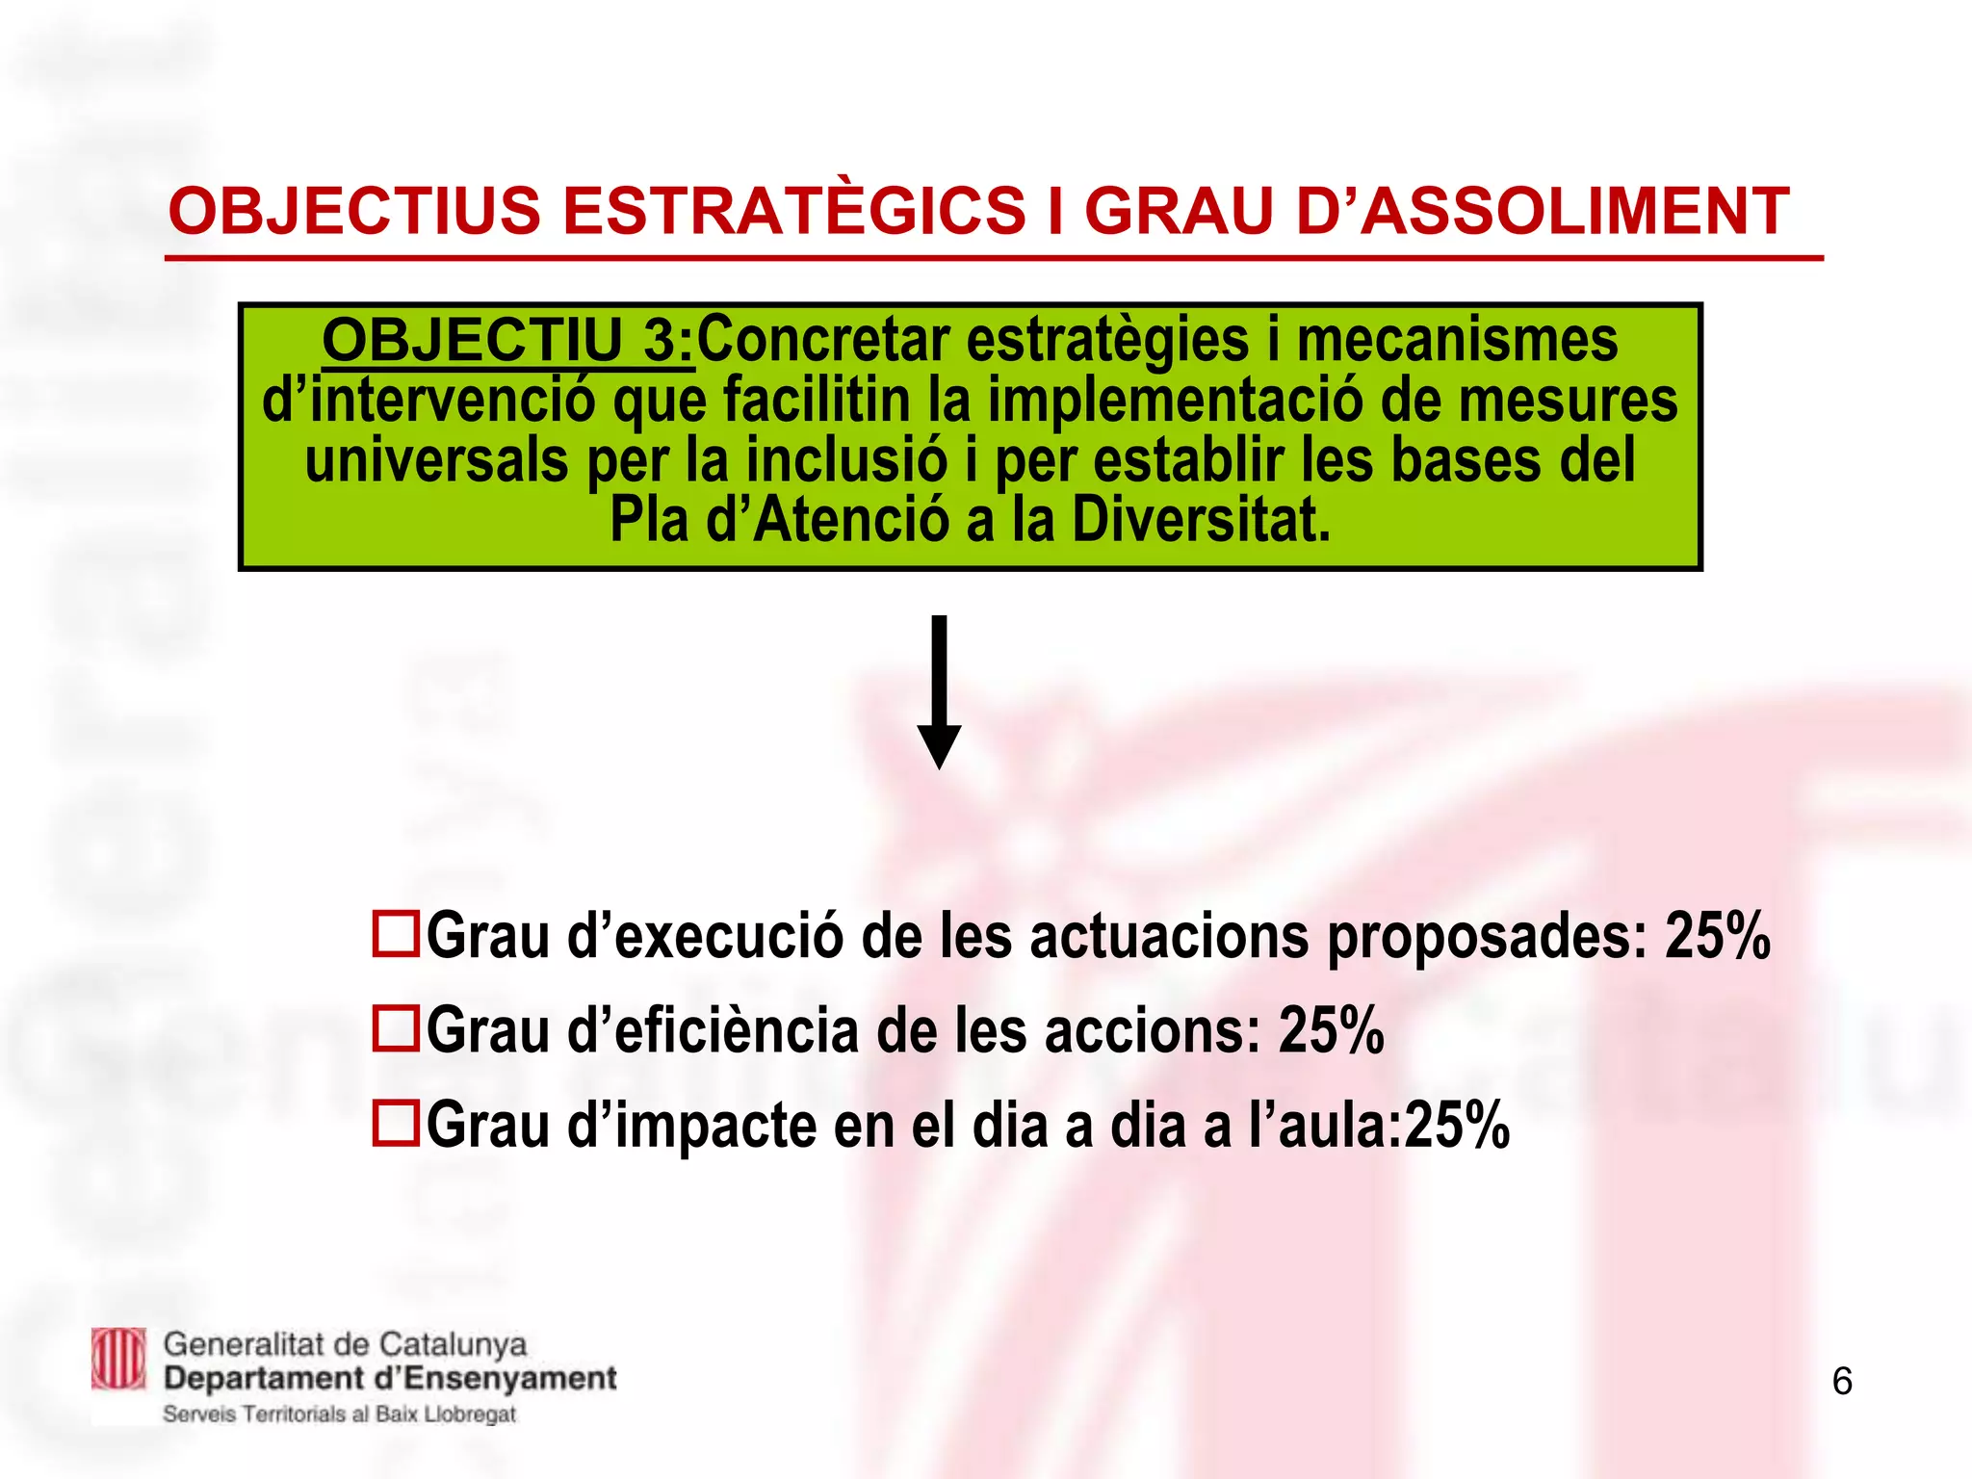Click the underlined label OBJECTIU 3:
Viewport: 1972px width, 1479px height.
[x=507, y=341]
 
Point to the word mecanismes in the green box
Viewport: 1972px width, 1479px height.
[x=1457, y=341]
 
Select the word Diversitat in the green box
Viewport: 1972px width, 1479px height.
[x=1201, y=520]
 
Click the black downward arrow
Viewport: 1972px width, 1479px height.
[x=939, y=693]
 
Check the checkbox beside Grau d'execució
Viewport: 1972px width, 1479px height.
[x=396, y=934]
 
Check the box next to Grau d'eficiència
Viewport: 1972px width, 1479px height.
[x=396, y=1028]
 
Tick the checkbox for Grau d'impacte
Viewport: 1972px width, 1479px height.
[x=396, y=1123]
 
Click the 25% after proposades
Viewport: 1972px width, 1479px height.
[x=1718, y=935]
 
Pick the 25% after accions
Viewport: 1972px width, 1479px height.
[x=1331, y=1029]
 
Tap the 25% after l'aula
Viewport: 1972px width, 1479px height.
[x=1456, y=1124]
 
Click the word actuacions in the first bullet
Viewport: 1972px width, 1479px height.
[x=1169, y=935]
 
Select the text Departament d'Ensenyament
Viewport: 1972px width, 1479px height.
[x=390, y=1379]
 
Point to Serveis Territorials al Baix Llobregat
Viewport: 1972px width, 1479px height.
[x=339, y=1414]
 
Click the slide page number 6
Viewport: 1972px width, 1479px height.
[x=1841, y=1382]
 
